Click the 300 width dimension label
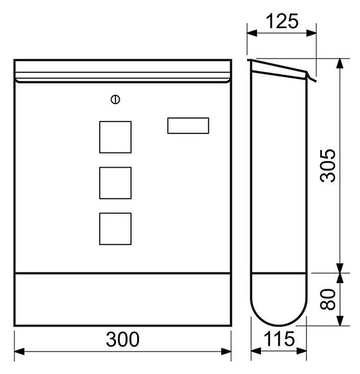pos(123,339)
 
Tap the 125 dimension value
pos(282,21)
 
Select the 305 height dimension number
pos(328,166)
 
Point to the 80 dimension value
pos(328,299)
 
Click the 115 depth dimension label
pos(279,338)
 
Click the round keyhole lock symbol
pos(115,100)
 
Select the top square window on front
pos(115,137)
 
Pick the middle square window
pos(115,183)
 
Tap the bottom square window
pos(115,229)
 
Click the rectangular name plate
pos(188,126)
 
